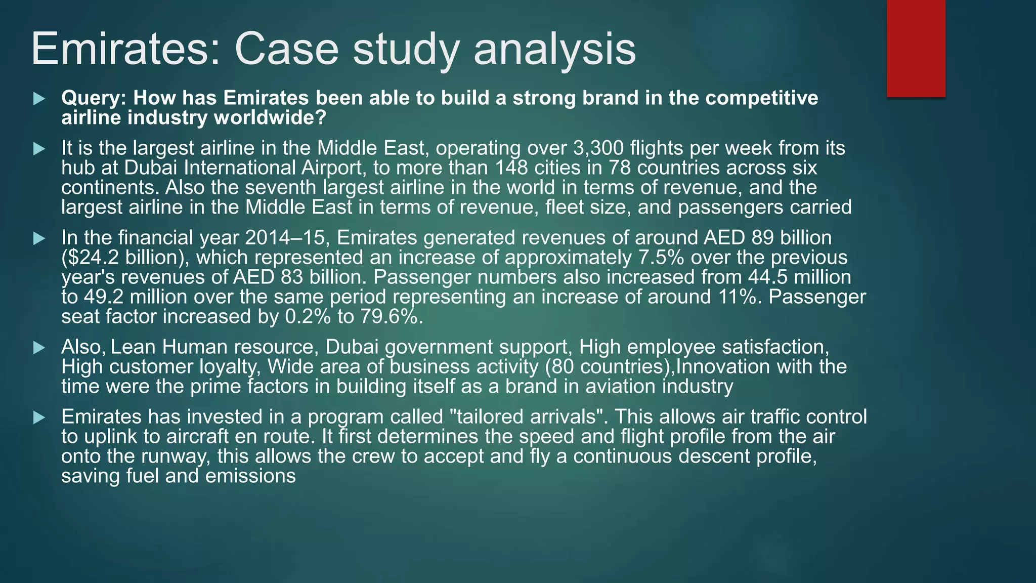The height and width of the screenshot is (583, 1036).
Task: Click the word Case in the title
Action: click(286, 49)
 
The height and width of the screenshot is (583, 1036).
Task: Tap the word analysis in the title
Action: click(554, 49)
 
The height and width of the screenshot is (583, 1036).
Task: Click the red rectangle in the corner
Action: click(916, 48)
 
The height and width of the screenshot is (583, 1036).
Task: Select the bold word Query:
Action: click(93, 98)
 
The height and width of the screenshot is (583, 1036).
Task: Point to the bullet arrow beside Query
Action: click(39, 98)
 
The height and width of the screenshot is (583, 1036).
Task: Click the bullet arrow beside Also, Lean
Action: click(39, 348)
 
